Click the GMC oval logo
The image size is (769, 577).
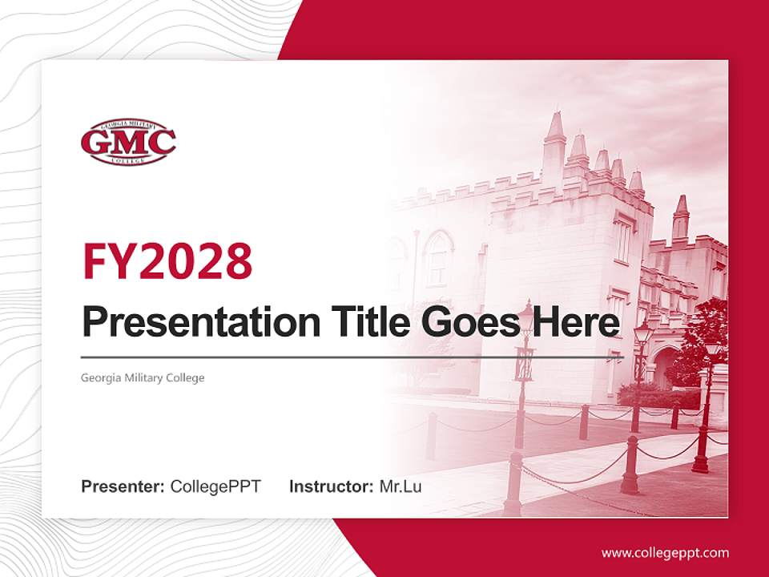tap(128, 143)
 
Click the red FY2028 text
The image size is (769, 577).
tap(167, 261)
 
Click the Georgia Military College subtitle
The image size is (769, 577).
tap(143, 377)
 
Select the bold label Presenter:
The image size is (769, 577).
tap(123, 486)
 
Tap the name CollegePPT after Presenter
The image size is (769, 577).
tap(215, 486)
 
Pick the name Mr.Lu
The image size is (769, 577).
tap(400, 486)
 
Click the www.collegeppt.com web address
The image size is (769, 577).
tap(665, 552)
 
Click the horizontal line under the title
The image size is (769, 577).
tap(352, 357)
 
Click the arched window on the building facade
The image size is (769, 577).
tap(437, 256)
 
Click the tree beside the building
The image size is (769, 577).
tap(705, 337)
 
